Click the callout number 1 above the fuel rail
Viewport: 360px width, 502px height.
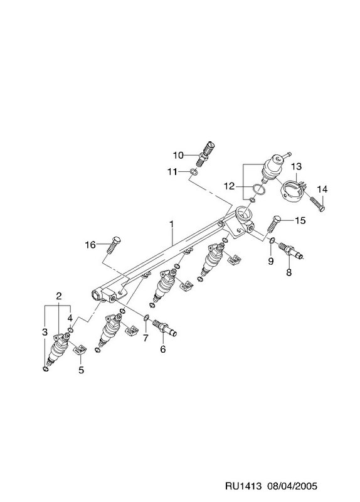click(x=171, y=224)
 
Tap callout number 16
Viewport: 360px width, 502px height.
click(x=90, y=245)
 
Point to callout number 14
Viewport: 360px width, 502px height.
click(x=322, y=190)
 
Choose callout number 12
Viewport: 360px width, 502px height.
click(x=229, y=186)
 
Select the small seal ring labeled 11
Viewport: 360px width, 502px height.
click(x=194, y=172)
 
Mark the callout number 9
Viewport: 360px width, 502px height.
click(x=271, y=262)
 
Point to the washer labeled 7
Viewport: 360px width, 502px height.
click(x=146, y=318)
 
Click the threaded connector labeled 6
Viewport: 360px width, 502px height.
click(x=165, y=328)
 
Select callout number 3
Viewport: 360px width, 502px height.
click(x=45, y=332)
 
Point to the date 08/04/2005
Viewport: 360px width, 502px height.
click(x=292, y=486)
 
